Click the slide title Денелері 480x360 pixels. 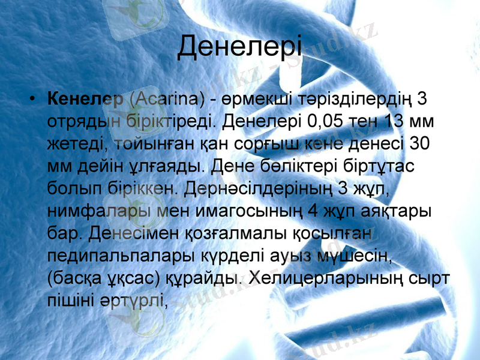[239, 47]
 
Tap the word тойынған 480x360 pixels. [135, 143]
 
